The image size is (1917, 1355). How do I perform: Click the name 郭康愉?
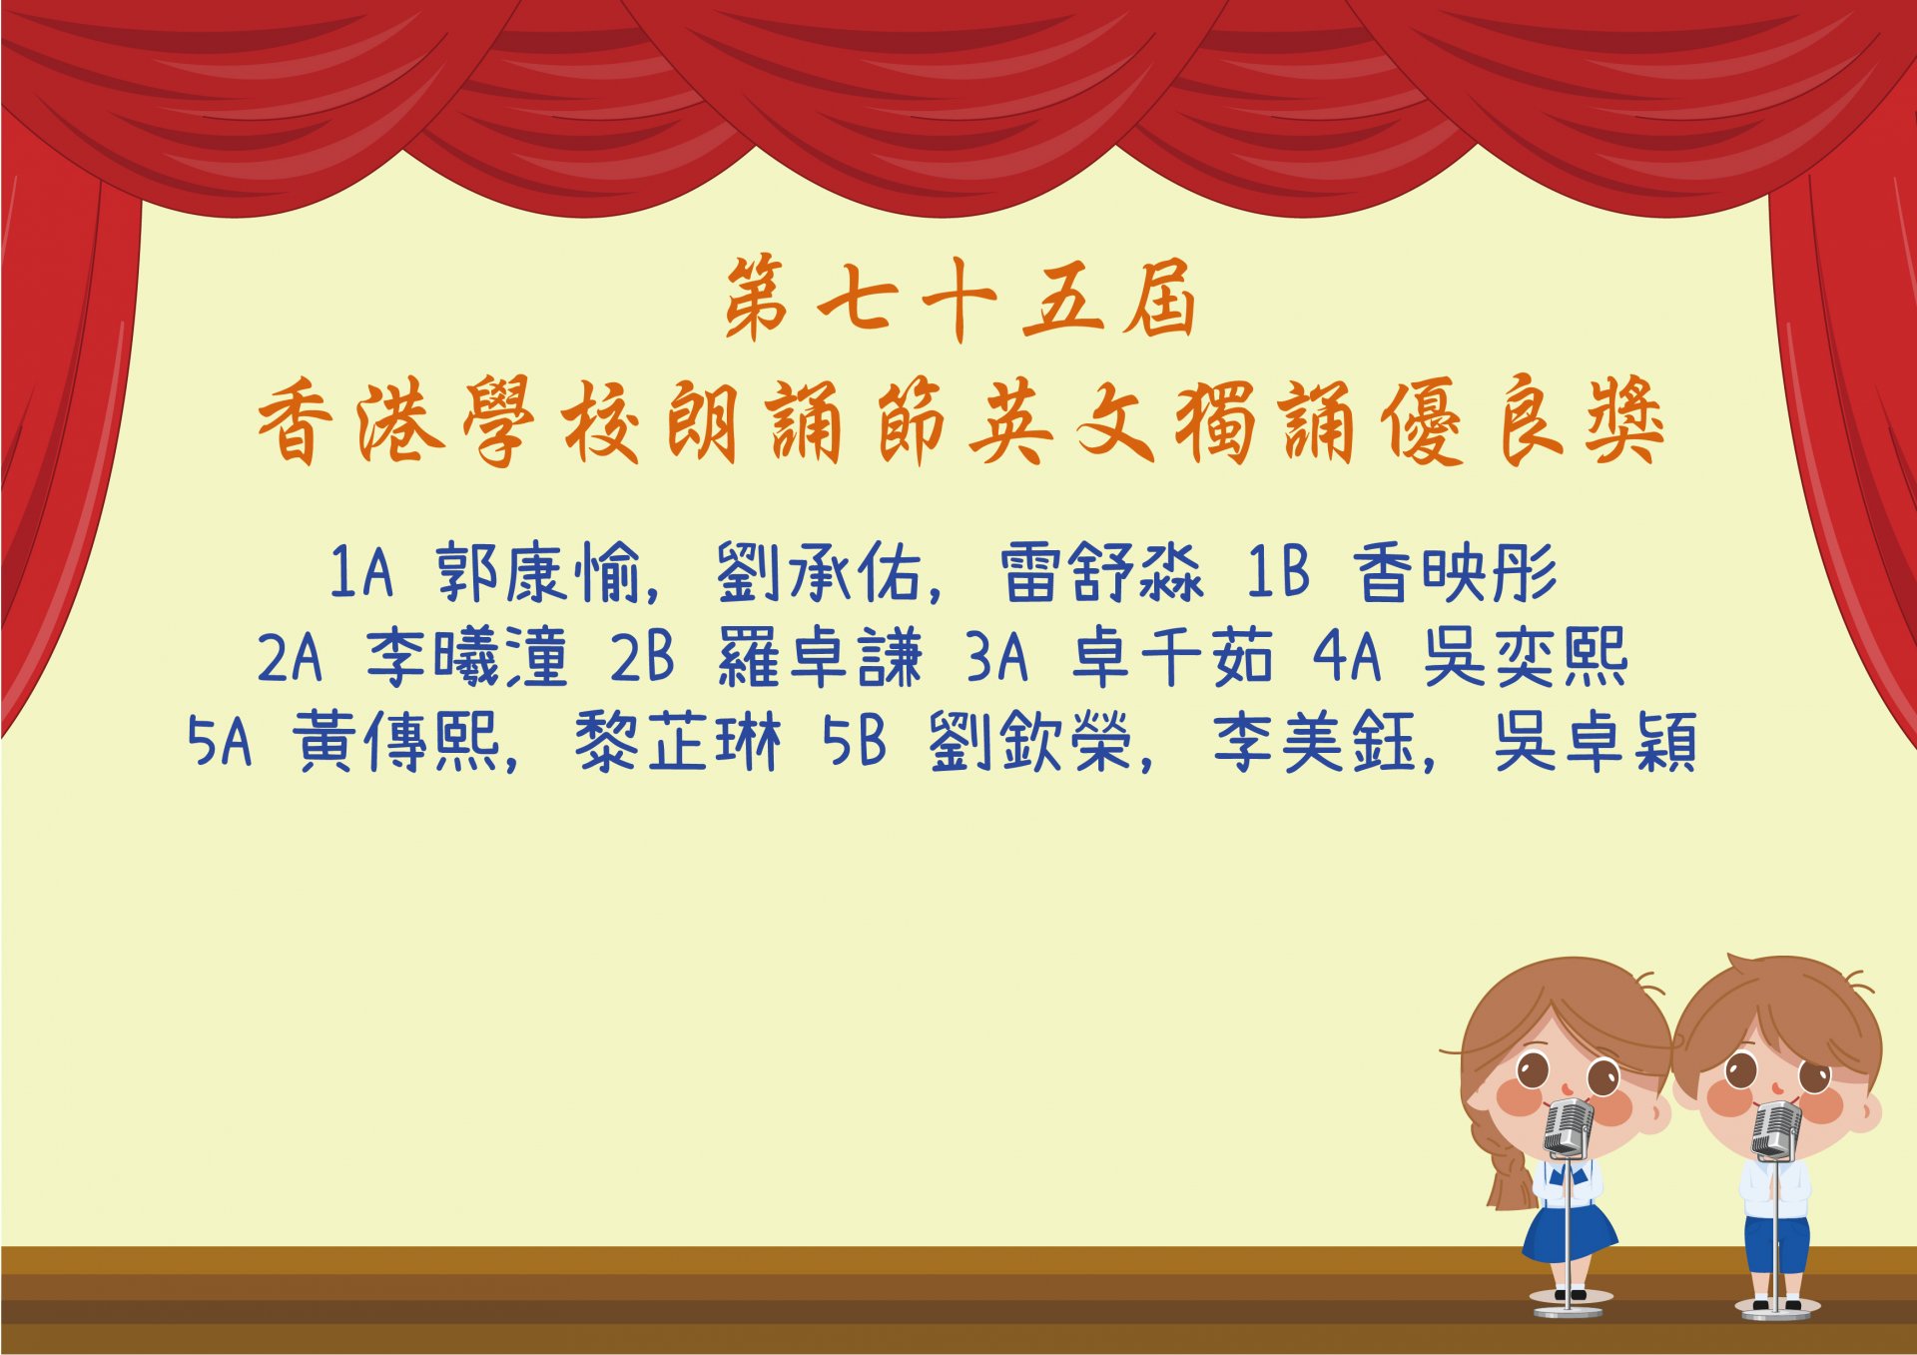click(537, 573)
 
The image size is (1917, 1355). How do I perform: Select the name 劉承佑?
click(819, 573)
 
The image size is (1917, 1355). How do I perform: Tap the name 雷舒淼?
click(1101, 573)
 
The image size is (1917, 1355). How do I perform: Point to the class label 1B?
click(1278, 572)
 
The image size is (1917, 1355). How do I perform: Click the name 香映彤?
click(1455, 573)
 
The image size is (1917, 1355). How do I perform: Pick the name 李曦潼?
click(466, 657)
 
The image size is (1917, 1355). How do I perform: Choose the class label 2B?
click(642, 657)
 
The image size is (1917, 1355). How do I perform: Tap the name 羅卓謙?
click(820, 657)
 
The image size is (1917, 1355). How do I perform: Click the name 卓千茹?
click(1172, 657)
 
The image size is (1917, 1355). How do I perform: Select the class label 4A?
click(1348, 657)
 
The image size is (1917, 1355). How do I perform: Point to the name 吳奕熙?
click(1526, 657)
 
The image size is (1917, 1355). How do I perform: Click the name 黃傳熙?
click(395, 742)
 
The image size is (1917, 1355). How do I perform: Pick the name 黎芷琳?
click(678, 742)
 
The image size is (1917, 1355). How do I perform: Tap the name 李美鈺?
click(1314, 742)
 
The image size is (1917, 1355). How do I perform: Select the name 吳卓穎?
click(1596, 742)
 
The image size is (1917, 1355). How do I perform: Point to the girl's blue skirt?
click(1569, 1232)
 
